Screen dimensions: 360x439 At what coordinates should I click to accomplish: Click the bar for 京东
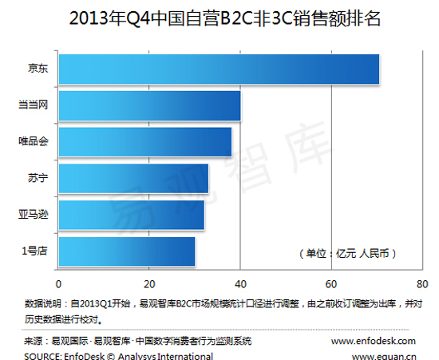coord(218,69)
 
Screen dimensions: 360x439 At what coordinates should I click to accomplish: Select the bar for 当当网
coord(149,105)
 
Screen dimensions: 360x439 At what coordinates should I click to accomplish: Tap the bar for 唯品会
coord(144,142)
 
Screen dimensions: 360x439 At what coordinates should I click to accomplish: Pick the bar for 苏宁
coord(133,178)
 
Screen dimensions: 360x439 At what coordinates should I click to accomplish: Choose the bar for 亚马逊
coord(131,215)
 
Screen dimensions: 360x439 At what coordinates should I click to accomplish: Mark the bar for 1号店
coord(126,251)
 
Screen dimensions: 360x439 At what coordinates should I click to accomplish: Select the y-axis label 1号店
coord(34,251)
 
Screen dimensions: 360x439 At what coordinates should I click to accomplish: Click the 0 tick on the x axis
coord(58,284)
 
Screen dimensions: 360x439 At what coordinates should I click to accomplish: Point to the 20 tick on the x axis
coord(149,284)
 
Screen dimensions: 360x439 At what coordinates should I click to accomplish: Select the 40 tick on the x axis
coord(240,284)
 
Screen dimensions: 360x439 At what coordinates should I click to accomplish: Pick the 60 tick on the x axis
coord(331,284)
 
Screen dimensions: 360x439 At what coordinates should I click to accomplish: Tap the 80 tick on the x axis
coord(422,284)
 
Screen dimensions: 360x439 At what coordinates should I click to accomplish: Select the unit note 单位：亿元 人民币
coord(346,253)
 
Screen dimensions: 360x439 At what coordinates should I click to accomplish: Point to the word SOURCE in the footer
coord(40,354)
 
